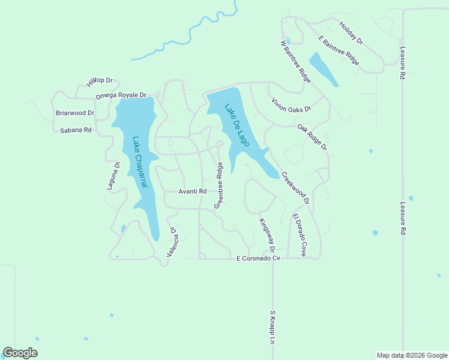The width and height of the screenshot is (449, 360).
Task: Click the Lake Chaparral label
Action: click(139, 163)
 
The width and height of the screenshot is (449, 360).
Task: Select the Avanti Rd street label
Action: click(193, 191)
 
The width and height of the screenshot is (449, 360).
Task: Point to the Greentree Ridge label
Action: click(219, 185)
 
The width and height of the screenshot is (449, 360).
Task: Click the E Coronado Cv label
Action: click(259, 258)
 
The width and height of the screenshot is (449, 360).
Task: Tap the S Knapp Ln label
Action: click(272, 326)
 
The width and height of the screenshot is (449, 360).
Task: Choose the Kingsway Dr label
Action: click(267, 235)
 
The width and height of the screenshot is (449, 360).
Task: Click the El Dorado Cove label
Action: click(300, 235)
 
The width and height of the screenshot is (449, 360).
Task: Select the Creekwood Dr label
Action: click(295, 188)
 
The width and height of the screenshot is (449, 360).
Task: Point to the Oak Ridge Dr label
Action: click(312, 137)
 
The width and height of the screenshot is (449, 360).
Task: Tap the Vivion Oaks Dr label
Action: click(291, 105)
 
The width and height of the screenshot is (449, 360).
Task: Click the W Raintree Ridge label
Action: click(295, 61)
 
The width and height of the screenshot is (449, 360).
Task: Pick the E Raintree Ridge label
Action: click(339, 51)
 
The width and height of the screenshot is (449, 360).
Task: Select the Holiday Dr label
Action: click(352, 34)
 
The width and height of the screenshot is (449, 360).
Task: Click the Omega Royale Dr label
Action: click(121, 95)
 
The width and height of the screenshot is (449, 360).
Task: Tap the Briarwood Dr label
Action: click(75, 113)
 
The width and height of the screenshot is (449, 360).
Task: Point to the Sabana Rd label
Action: click(75, 130)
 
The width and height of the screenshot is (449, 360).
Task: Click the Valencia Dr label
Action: click(172, 242)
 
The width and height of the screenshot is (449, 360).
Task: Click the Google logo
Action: click(20, 353)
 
